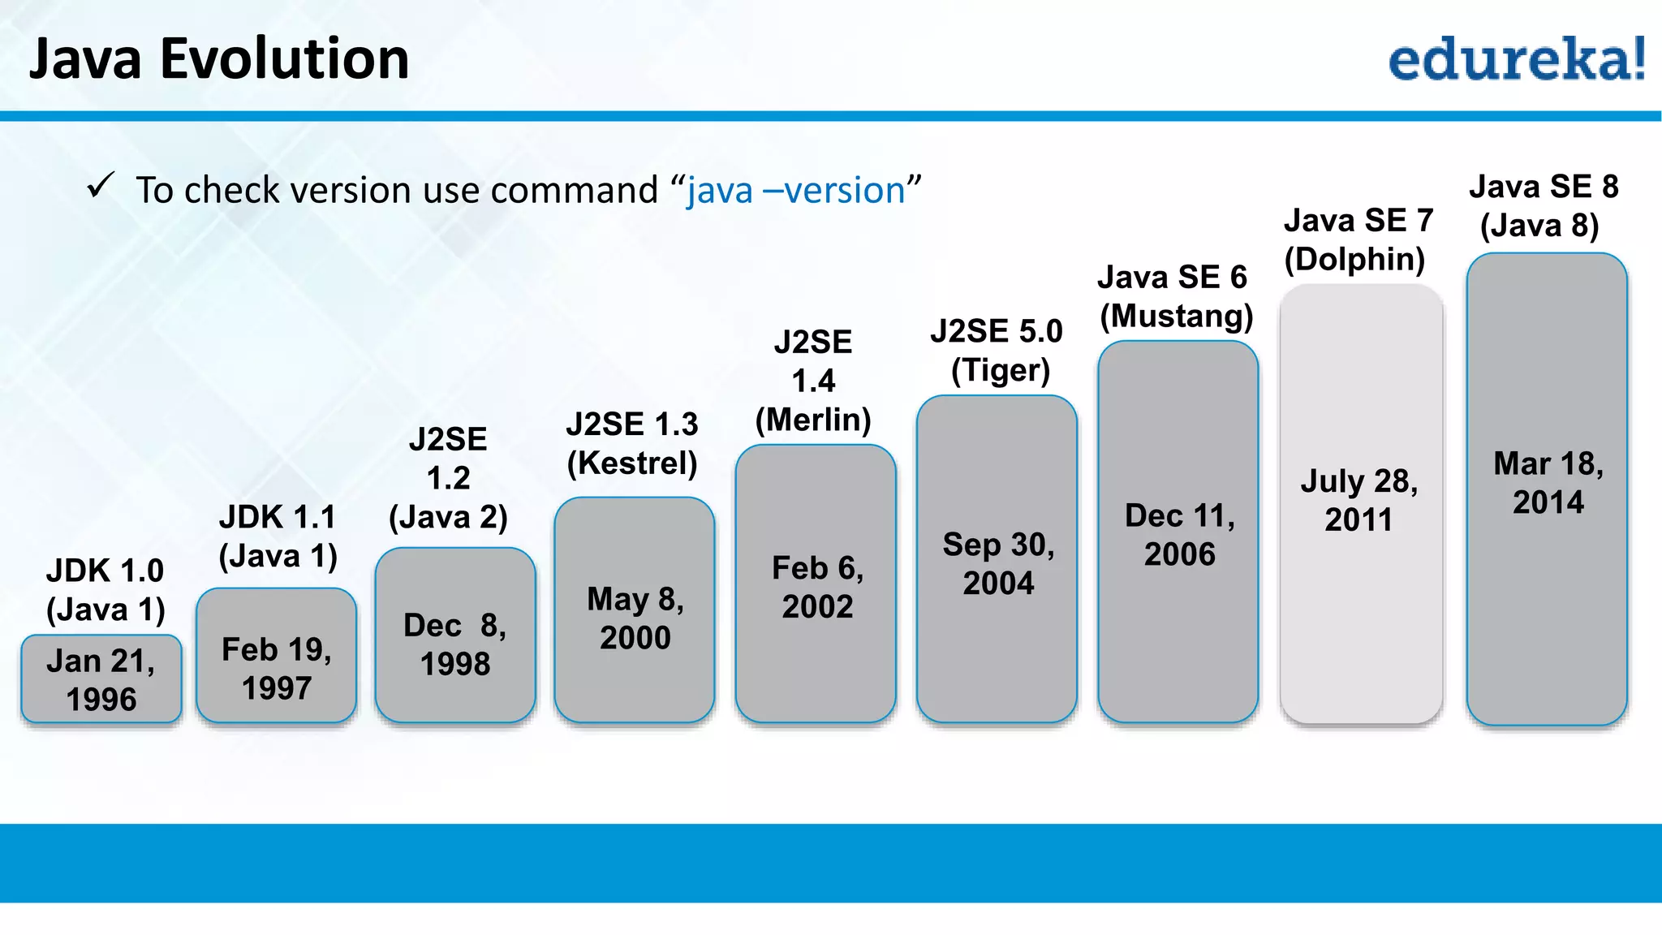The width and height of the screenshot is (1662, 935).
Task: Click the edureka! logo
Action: pyautogui.click(x=1516, y=58)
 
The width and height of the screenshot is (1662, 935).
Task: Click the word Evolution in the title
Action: pyautogui.click(x=284, y=58)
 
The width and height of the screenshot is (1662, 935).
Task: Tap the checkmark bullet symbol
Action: pyautogui.click(x=101, y=186)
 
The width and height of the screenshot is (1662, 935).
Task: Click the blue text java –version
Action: pyautogui.click(x=795, y=191)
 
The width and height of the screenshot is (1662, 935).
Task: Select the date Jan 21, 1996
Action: pyautogui.click(x=101, y=680)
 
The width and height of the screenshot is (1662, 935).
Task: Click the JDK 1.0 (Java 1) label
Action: pyautogui.click(x=105, y=590)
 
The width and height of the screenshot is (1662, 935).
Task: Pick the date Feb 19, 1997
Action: pyautogui.click(x=277, y=669)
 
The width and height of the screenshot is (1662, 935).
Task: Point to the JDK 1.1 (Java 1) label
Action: pyautogui.click(x=278, y=536)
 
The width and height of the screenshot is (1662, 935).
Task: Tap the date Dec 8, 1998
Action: pyautogui.click(x=455, y=644)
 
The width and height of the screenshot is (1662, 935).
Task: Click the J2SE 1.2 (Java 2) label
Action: pyautogui.click(x=448, y=478)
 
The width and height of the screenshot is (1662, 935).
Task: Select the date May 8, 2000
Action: pyautogui.click(x=635, y=618)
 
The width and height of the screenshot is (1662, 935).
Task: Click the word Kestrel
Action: pyautogui.click(x=632, y=463)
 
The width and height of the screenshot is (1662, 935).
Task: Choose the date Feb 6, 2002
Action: pyautogui.click(x=817, y=587)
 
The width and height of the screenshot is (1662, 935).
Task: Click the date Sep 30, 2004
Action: pyautogui.click(x=998, y=563)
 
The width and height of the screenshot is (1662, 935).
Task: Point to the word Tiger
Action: pyautogui.click(x=1001, y=371)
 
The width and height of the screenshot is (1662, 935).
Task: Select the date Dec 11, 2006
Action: pyautogui.click(x=1180, y=535)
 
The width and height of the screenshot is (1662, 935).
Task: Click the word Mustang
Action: pyautogui.click(x=1177, y=317)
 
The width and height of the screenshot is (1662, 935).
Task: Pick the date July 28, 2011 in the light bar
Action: pyautogui.click(x=1359, y=500)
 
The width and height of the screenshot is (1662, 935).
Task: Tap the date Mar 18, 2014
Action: pyautogui.click(x=1548, y=483)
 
